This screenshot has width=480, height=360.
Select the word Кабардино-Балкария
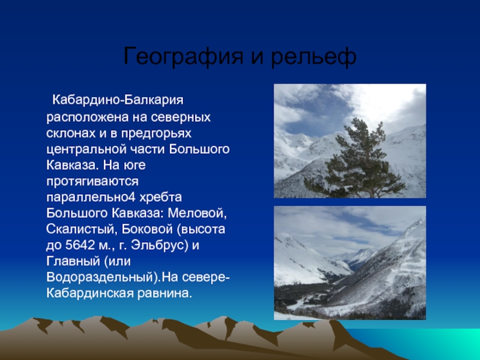point(118,100)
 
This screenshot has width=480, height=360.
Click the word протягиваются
point(92,182)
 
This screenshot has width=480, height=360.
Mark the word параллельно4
point(91,197)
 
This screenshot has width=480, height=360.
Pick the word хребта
point(161,197)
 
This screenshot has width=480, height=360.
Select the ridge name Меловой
point(197,214)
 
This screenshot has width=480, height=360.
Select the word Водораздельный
point(100,277)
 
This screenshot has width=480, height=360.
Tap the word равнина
point(164,293)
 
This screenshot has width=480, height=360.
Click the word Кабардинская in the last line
point(90,293)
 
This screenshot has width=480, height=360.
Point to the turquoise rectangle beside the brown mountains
point(428,343)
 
